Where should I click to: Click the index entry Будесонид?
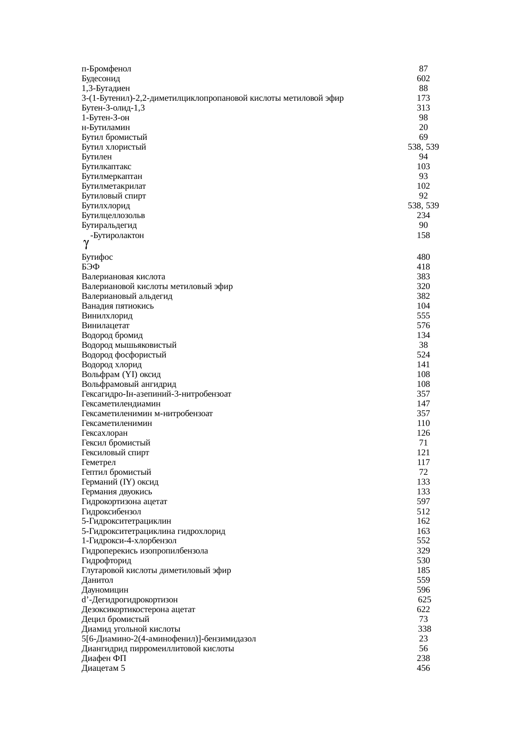101,79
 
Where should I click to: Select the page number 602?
423,79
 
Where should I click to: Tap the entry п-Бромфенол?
106,69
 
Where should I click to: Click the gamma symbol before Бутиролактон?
86,244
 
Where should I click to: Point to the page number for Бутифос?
423,257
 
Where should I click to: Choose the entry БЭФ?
91,267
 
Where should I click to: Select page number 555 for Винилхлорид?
423,316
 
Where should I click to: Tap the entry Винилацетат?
105,326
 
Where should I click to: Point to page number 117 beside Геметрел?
423,462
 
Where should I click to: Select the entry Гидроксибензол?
111,512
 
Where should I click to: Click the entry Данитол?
97,580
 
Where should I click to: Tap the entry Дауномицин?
105,590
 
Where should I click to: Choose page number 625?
425,600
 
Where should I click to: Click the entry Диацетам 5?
103,668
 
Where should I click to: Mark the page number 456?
423,668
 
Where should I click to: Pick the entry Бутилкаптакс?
107,167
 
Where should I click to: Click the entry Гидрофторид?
107,561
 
